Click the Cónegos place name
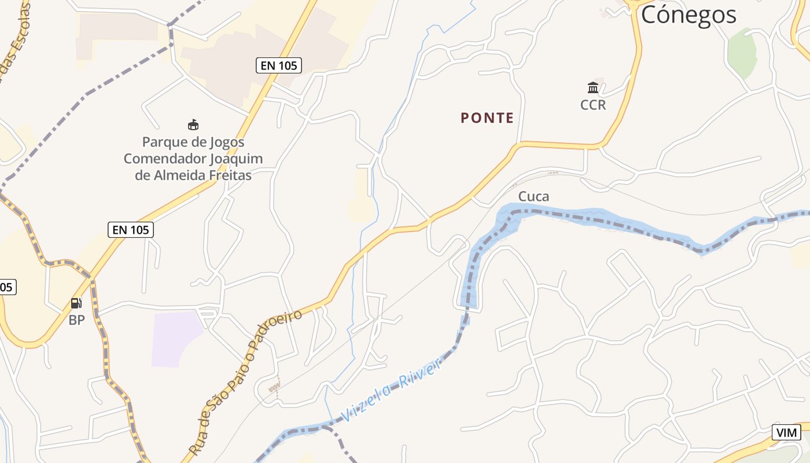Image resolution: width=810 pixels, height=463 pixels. pos(689,14)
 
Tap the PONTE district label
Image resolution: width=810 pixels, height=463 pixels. pos(487,118)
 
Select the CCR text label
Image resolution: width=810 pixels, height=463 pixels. pos(593,105)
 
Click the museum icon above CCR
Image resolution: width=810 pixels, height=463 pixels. pos(593,88)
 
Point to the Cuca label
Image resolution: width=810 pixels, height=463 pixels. pos(533,196)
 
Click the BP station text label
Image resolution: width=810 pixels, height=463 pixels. pos(77,319)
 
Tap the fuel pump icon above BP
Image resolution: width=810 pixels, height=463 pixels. pos(76,303)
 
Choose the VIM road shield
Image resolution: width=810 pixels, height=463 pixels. pos(786,432)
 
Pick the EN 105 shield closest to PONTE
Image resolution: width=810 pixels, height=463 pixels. pos(279,65)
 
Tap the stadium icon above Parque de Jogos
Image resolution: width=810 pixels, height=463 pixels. pos(193,124)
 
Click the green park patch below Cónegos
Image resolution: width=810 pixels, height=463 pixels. pos(742,52)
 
